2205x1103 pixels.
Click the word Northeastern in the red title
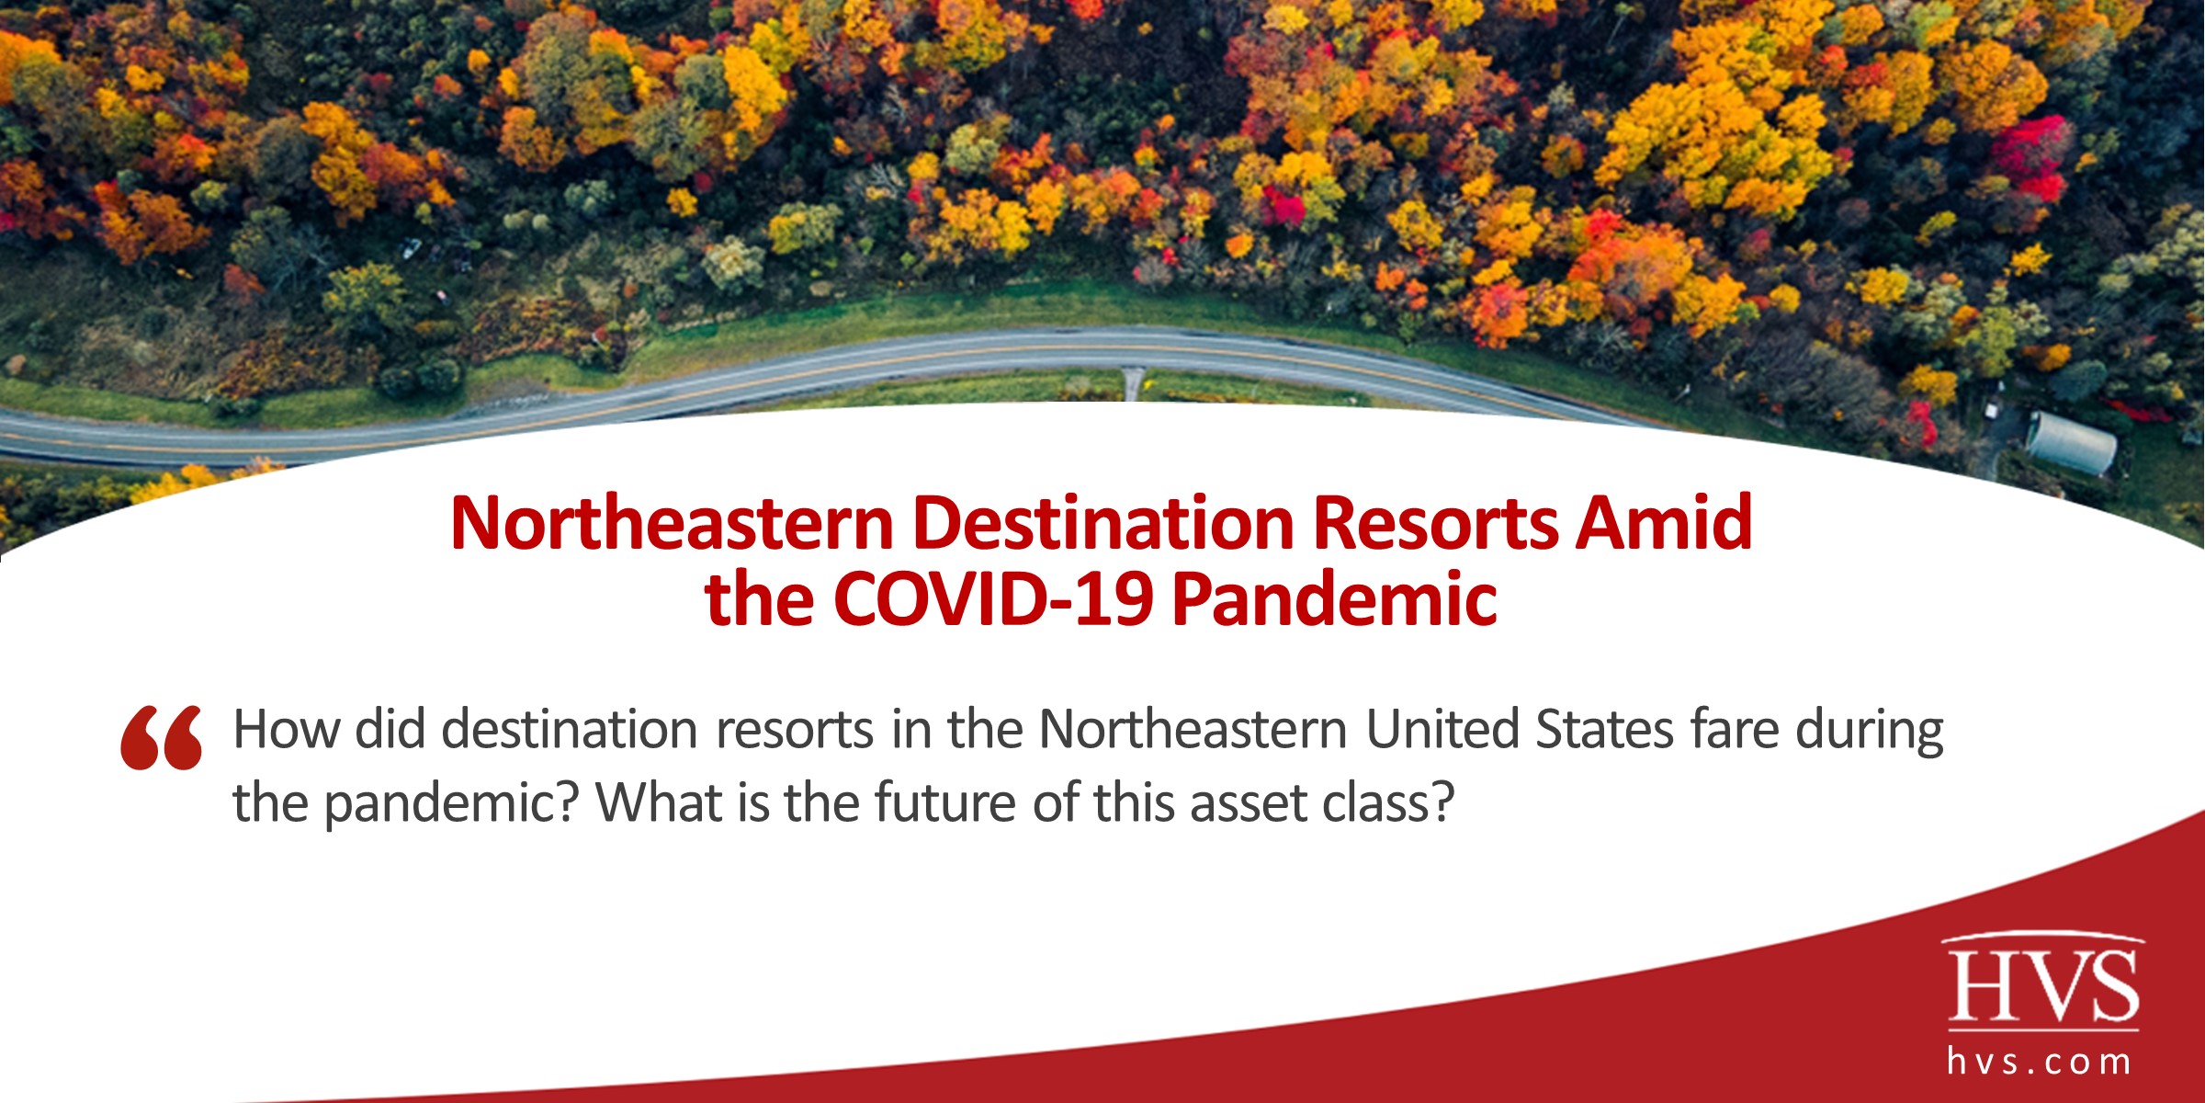click(x=672, y=524)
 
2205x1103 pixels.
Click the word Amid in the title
click(x=1664, y=524)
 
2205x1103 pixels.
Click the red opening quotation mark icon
click(x=161, y=737)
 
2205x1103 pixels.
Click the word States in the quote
click(x=1604, y=730)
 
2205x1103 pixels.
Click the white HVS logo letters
click(x=2043, y=985)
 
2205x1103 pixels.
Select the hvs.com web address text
click(x=2039, y=1063)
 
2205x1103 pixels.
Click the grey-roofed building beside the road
click(x=2071, y=444)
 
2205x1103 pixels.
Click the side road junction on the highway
click(x=1134, y=379)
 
